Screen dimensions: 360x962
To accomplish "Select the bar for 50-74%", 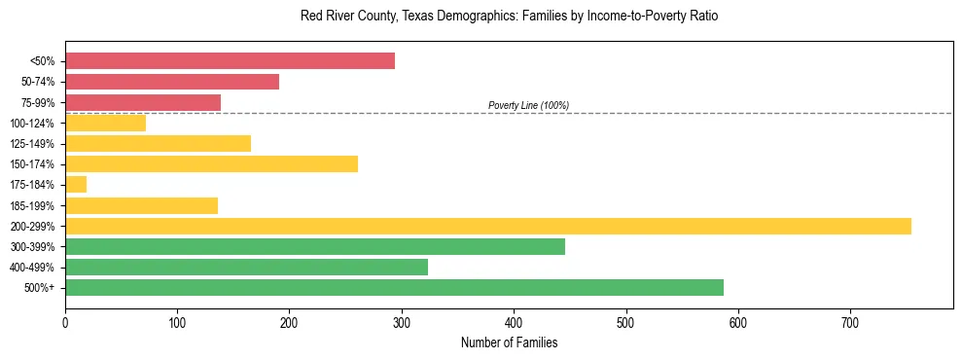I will tap(172, 82).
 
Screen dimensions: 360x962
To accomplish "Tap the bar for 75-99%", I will tap(143, 102).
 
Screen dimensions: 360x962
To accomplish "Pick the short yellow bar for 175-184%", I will tap(76, 185).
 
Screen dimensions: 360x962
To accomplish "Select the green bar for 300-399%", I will tap(315, 246).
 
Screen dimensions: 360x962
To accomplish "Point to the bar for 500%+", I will tap(394, 287).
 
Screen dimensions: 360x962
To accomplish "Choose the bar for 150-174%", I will tap(211, 163).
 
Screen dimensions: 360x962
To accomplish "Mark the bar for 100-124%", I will tap(105, 123).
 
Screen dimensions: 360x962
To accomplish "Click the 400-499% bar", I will tap(246, 267).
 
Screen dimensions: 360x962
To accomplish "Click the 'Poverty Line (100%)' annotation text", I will tap(528, 105).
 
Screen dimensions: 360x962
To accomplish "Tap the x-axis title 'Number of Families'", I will tap(509, 342).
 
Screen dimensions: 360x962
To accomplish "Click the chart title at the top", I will tap(509, 17).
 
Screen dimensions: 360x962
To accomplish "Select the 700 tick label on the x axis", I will tap(850, 322).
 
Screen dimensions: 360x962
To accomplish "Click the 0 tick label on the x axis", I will tap(65, 322).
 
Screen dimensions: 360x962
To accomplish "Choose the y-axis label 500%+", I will tap(39, 288).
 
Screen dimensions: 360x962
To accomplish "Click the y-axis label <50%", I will tap(42, 61).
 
